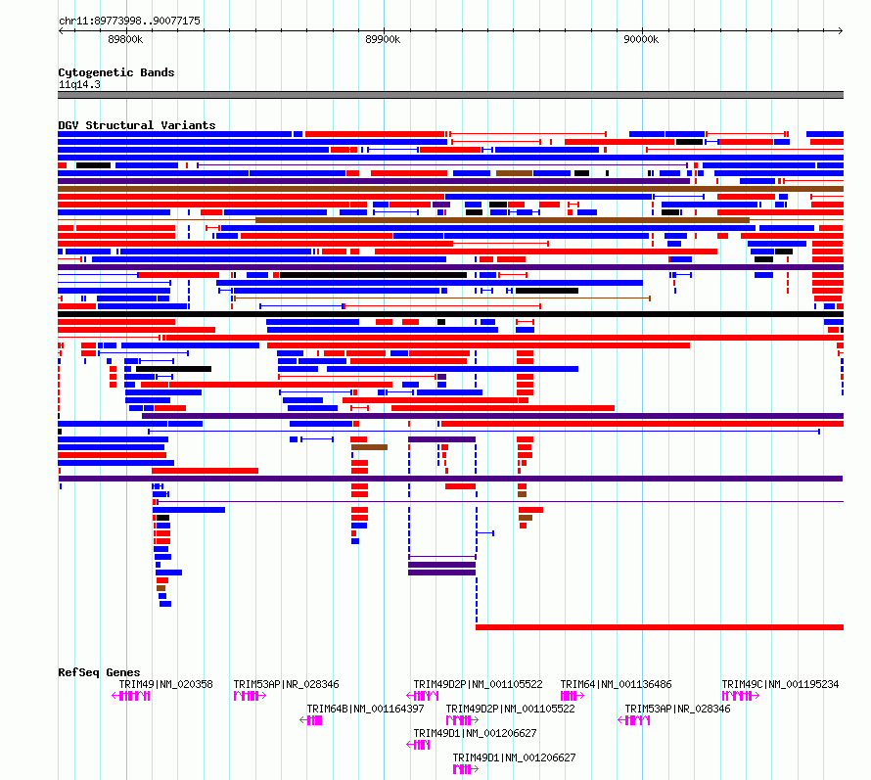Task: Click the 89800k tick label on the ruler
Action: pos(125,39)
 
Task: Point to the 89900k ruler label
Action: pos(383,39)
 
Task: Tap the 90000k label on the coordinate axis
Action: pos(641,39)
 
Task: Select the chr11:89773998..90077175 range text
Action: pos(129,22)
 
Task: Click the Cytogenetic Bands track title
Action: pos(116,72)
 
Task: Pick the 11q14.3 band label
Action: pos(79,84)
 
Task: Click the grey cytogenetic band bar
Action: pos(450,95)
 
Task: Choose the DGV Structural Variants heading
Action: pos(137,125)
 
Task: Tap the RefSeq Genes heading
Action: pos(99,672)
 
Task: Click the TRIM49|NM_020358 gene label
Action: pos(165,684)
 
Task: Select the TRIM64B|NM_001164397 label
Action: pos(365,709)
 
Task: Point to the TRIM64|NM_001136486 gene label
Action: pos(616,684)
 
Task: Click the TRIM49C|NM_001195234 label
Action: pos(780,684)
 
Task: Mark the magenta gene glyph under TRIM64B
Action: pos(310,720)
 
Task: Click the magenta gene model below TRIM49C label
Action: pos(741,696)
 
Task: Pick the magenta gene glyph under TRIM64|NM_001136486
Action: pos(573,696)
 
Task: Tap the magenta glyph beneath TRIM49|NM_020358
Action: pos(131,696)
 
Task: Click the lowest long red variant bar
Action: pos(660,627)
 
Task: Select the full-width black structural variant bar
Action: pos(450,314)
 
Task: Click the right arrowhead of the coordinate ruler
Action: pos(841,31)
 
